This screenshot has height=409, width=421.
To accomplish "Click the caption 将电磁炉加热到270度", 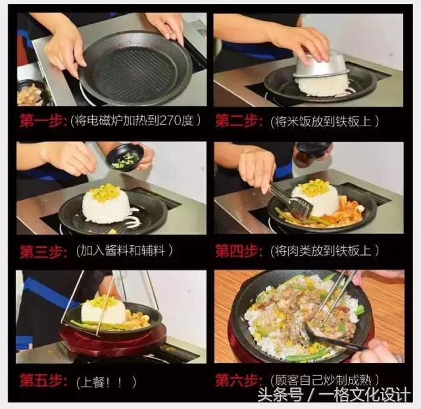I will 140,121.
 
